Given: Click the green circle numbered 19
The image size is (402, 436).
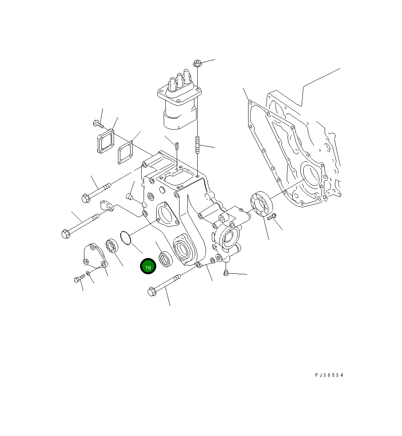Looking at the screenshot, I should pos(148,267).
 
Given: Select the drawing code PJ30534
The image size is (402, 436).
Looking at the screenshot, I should pos(329,375).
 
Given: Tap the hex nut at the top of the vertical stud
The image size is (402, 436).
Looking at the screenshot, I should pos(198,63).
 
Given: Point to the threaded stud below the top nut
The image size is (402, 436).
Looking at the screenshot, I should pos(197,144).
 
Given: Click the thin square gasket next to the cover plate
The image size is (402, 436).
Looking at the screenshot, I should pos(125,153).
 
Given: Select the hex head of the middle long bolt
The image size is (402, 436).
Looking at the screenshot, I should pos(66,234).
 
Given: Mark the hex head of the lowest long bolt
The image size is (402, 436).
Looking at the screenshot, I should pos(151,292).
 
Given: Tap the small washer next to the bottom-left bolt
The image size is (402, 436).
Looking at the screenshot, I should pos(88,273).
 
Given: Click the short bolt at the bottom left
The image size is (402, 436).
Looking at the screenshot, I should pos(78,279).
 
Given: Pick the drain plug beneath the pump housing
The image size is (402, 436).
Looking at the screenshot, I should pos(226,273).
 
